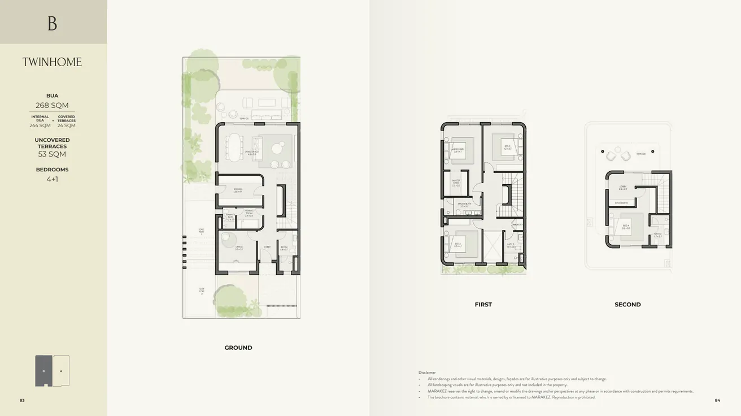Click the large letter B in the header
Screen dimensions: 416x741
coord(53,23)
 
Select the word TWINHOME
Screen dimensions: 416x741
coord(52,62)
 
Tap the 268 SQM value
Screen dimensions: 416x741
coord(52,105)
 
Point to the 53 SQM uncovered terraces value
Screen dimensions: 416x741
coord(52,154)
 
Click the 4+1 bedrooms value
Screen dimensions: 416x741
coord(52,179)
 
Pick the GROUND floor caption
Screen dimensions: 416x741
coord(238,348)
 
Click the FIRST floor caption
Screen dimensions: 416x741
coord(483,305)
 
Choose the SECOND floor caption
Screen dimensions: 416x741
coord(627,305)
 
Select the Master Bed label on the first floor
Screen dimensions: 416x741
coord(457,150)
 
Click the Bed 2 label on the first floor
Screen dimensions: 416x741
coord(507,146)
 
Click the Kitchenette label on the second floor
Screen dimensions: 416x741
coord(621,202)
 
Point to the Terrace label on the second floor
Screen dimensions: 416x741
coord(641,153)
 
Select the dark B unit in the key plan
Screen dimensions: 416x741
coord(43,371)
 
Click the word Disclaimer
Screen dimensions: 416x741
coord(427,372)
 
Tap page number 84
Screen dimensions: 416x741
coord(717,400)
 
